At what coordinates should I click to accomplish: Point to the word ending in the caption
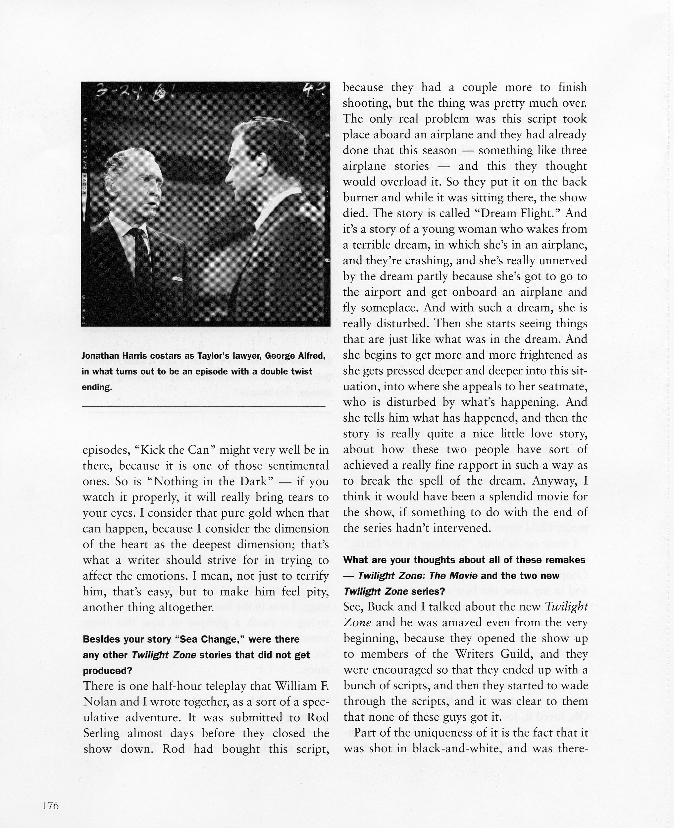tap(96, 387)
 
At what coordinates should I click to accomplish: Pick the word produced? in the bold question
tap(108, 670)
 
